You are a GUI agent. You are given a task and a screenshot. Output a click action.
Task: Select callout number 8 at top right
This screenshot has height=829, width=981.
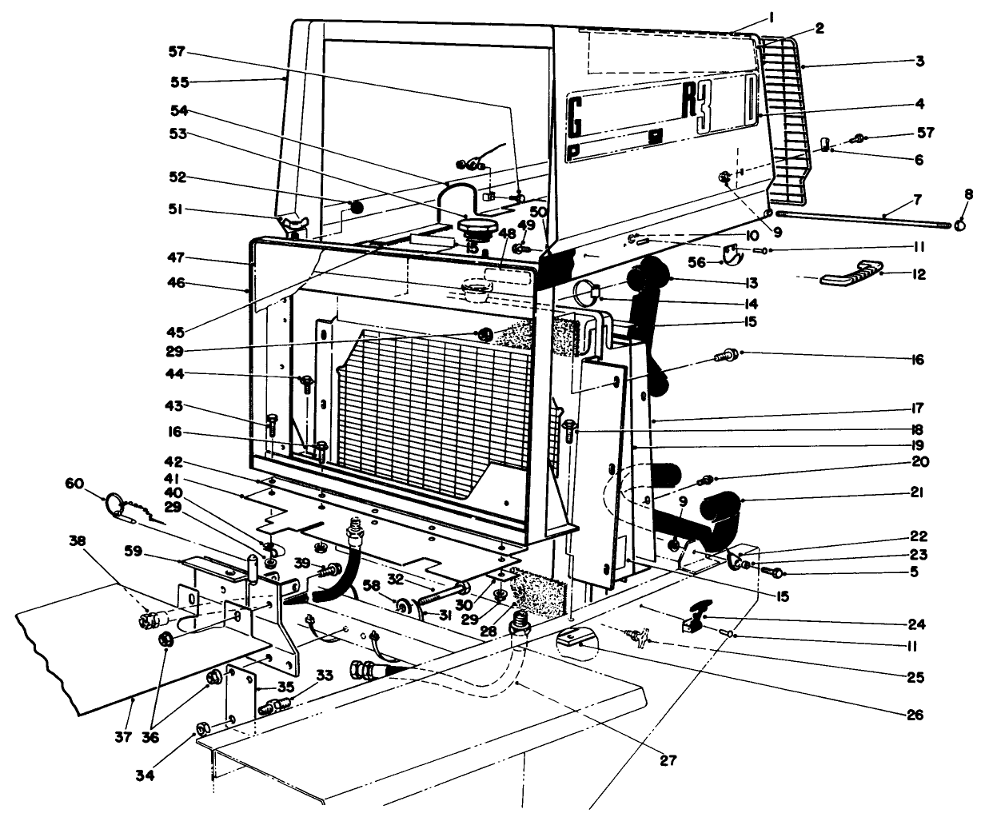point(968,194)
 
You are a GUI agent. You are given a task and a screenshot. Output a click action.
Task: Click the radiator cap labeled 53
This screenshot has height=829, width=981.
point(477,229)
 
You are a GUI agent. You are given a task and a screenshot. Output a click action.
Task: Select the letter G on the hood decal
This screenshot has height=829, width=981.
point(573,114)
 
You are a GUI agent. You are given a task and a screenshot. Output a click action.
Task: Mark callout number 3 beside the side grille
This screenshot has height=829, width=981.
point(919,60)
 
